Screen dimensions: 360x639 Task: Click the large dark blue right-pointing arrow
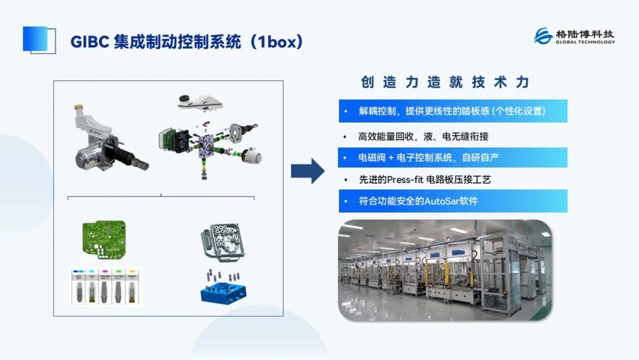308,171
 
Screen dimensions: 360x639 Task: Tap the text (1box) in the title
277,42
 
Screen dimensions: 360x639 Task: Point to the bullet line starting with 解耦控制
452,111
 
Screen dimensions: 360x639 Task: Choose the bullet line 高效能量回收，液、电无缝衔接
423,137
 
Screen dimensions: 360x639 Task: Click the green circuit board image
103,240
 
